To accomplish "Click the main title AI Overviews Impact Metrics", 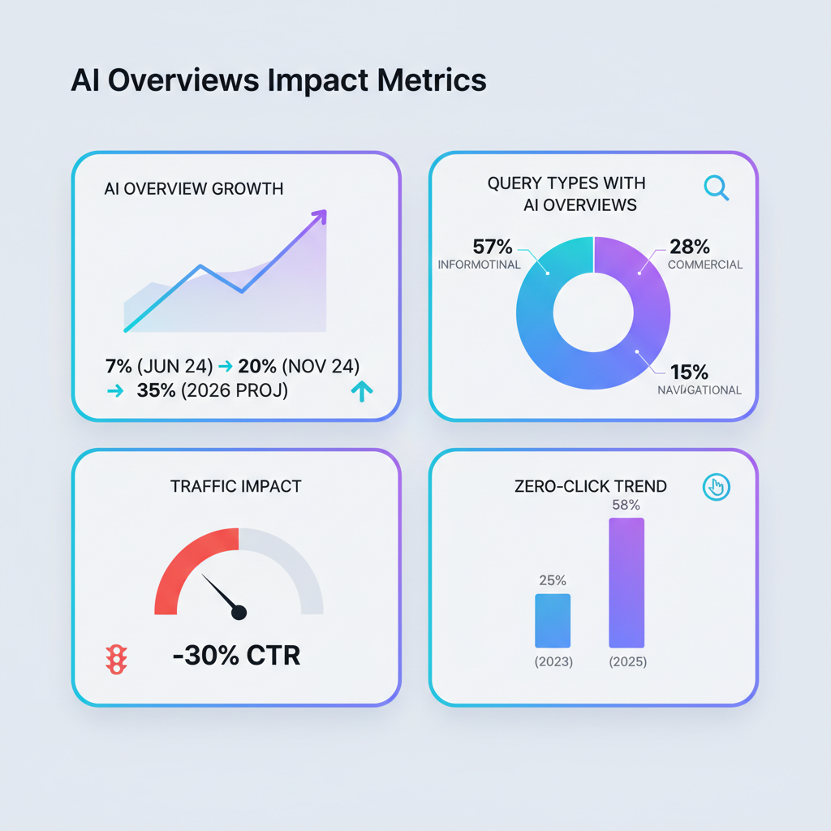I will pyautogui.click(x=278, y=81).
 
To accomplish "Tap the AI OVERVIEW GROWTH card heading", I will pyautogui.click(x=194, y=189).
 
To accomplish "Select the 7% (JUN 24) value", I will pyautogui.click(x=158, y=365).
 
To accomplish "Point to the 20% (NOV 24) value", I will pyautogui.click(x=298, y=365).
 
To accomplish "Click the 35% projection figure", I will pyautogui.click(x=156, y=390).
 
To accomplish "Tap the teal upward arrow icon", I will pyautogui.click(x=361, y=392).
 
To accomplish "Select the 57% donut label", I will pyautogui.click(x=493, y=246).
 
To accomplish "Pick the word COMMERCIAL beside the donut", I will pyautogui.click(x=704, y=265).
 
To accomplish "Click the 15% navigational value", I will pyautogui.click(x=689, y=372).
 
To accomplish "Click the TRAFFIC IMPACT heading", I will pyautogui.click(x=235, y=487).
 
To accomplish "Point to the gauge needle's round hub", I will pyautogui.click(x=239, y=613).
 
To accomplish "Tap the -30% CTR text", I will pyautogui.click(x=236, y=655).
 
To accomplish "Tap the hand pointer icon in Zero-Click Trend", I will pyautogui.click(x=716, y=487).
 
